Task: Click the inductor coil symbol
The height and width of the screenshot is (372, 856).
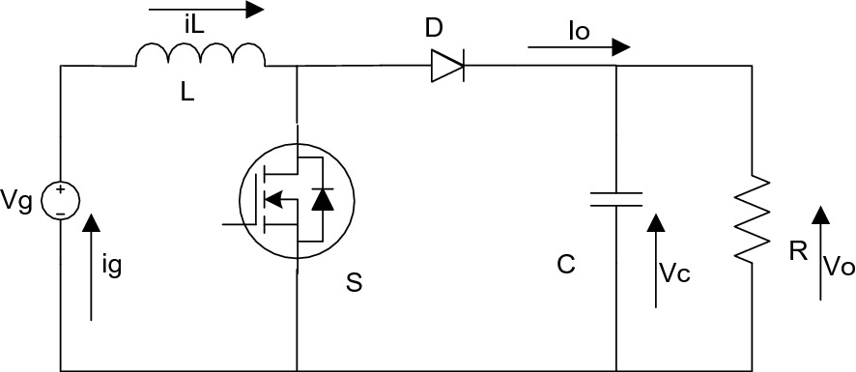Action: [200, 56]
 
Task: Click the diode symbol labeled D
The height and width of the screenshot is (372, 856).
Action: [447, 65]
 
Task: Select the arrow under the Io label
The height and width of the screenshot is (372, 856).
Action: [580, 46]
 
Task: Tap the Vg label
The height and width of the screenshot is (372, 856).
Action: [19, 201]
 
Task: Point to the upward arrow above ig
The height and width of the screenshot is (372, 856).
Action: [92, 266]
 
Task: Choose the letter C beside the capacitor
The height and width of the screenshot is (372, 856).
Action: [565, 263]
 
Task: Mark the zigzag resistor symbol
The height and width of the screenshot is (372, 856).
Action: [751, 218]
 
